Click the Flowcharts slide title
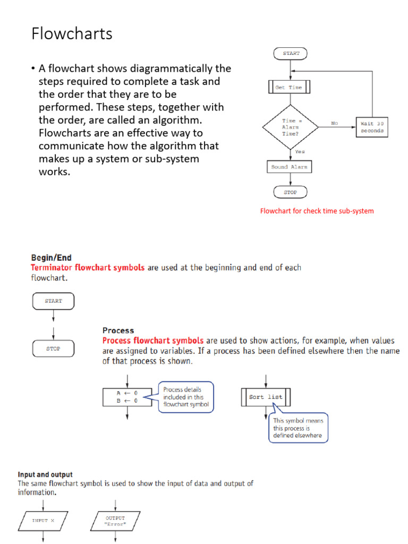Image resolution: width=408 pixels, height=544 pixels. tap(72, 33)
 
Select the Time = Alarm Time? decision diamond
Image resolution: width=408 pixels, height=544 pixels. tap(290, 127)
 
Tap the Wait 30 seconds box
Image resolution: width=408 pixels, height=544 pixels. tap(371, 127)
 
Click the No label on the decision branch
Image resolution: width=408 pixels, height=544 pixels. tap(334, 123)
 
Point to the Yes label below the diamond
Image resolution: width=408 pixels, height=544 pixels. tap(300, 151)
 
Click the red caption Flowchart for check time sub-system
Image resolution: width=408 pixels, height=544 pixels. tap(317, 211)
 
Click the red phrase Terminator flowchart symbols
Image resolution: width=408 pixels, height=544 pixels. tap(88, 268)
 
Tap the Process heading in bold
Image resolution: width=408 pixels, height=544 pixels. tap(118, 330)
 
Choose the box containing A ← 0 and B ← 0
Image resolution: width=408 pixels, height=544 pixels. tap(127, 397)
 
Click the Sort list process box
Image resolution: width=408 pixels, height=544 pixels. tap(266, 397)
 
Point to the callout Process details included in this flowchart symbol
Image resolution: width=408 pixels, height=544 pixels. tap(186, 397)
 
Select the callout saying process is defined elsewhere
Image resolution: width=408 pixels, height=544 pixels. tap(298, 428)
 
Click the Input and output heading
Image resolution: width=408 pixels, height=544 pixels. tap(45, 474)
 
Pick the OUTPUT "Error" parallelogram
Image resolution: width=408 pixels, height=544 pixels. tap(115, 521)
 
